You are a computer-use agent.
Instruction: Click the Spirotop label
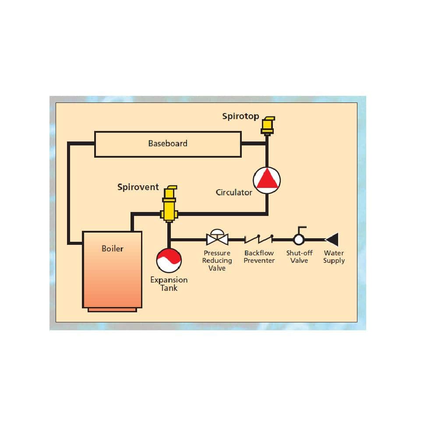coord(240,116)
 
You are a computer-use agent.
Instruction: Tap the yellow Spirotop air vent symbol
coord(268,126)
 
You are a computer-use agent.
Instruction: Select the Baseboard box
coord(168,144)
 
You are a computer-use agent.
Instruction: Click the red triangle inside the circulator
coord(267,179)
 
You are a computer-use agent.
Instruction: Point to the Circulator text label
coord(234,192)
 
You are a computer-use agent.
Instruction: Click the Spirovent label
coord(138,187)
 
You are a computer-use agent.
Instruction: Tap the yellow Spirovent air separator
coord(169,204)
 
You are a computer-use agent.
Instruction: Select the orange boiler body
coord(112,269)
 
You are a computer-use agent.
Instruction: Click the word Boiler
coord(112,249)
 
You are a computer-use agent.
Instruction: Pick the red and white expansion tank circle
coord(169,260)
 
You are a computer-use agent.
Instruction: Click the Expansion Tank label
coord(169,284)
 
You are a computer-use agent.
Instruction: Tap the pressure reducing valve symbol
coord(217,238)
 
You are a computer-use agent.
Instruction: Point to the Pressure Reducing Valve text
coord(217,260)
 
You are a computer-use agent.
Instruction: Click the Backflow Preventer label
coord(259,257)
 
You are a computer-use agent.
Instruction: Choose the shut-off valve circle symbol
coord(299,240)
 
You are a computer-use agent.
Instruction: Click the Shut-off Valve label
coord(299,257)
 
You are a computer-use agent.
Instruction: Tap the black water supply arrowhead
coord(332,240)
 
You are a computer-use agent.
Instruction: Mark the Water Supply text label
coord(334,257)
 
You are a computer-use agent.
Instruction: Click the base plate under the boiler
coord(112,310)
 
